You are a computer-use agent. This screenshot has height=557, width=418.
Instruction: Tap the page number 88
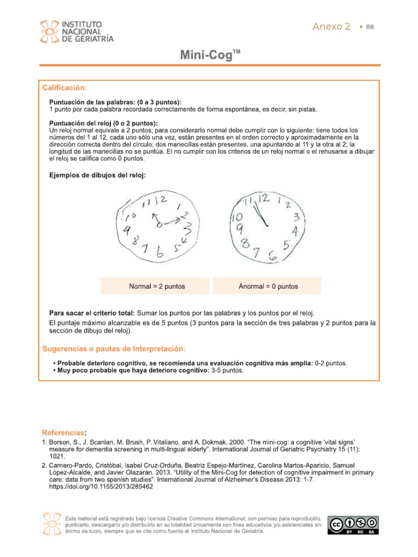point(370,27)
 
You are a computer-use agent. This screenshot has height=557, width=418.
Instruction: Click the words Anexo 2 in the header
point(331,27)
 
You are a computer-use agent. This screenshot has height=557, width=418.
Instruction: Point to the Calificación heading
point(64,88)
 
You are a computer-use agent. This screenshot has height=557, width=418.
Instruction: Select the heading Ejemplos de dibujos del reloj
point(97,175)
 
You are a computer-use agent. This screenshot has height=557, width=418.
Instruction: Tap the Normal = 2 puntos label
point(157,286)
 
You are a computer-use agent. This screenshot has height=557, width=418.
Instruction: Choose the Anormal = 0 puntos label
point(268,286)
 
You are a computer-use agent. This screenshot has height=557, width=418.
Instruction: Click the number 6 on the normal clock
point(159,253)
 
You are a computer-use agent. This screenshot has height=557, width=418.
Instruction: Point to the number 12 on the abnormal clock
point(263,199)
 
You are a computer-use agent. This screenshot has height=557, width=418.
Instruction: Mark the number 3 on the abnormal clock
point(297,218)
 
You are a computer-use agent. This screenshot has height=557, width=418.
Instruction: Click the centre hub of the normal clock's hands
point(158,224)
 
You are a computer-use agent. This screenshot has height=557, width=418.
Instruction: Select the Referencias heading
point(64,432)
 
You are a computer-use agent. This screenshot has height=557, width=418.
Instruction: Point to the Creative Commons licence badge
point(353,525)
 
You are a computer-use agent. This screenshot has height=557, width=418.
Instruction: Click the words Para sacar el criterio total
point(92,313)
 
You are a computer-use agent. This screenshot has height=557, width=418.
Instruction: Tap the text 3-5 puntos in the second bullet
point(227,370)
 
